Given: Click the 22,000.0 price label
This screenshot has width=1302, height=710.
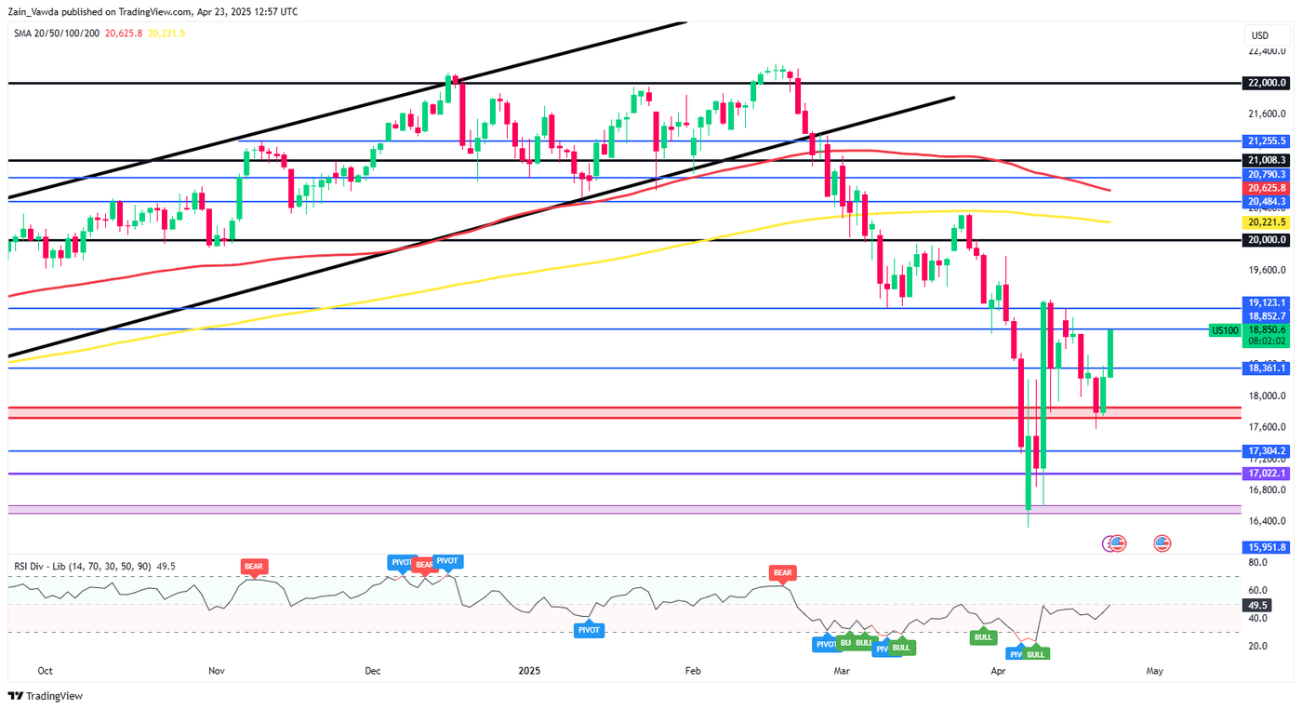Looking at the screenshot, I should (1266, 83).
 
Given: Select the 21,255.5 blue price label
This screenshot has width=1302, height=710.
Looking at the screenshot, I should (1266, 141).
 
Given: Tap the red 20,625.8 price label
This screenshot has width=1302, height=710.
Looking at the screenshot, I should (1266, 188).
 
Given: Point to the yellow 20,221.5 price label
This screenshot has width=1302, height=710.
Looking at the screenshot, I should (1266, 222).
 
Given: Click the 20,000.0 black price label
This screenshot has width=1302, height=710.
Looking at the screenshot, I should (1266, 240).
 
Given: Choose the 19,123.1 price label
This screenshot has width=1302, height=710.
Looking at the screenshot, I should (1266, 303).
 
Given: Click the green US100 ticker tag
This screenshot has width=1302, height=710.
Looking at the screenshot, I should (1223, 330).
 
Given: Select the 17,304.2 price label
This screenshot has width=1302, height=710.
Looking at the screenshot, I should (1266, 451).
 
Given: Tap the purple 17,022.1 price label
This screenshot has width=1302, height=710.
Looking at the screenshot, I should (1266, 474).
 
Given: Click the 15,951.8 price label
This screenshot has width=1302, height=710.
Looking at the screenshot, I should (1266, 547).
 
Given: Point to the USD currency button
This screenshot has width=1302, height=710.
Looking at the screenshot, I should (1260, 36).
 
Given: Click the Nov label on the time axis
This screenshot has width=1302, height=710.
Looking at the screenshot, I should (216, 671).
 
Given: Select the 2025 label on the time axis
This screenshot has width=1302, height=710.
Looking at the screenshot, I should (529, 671).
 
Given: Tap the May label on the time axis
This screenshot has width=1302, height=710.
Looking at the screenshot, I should (1154, 671).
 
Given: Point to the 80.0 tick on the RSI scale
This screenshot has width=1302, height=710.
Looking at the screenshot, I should (1258, 563).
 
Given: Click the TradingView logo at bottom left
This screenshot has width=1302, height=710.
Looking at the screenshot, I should (46, 696).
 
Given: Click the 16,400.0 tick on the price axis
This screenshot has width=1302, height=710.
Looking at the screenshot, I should (1266, 521).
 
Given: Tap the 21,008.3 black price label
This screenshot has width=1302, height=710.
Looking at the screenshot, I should (1266, 160).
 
